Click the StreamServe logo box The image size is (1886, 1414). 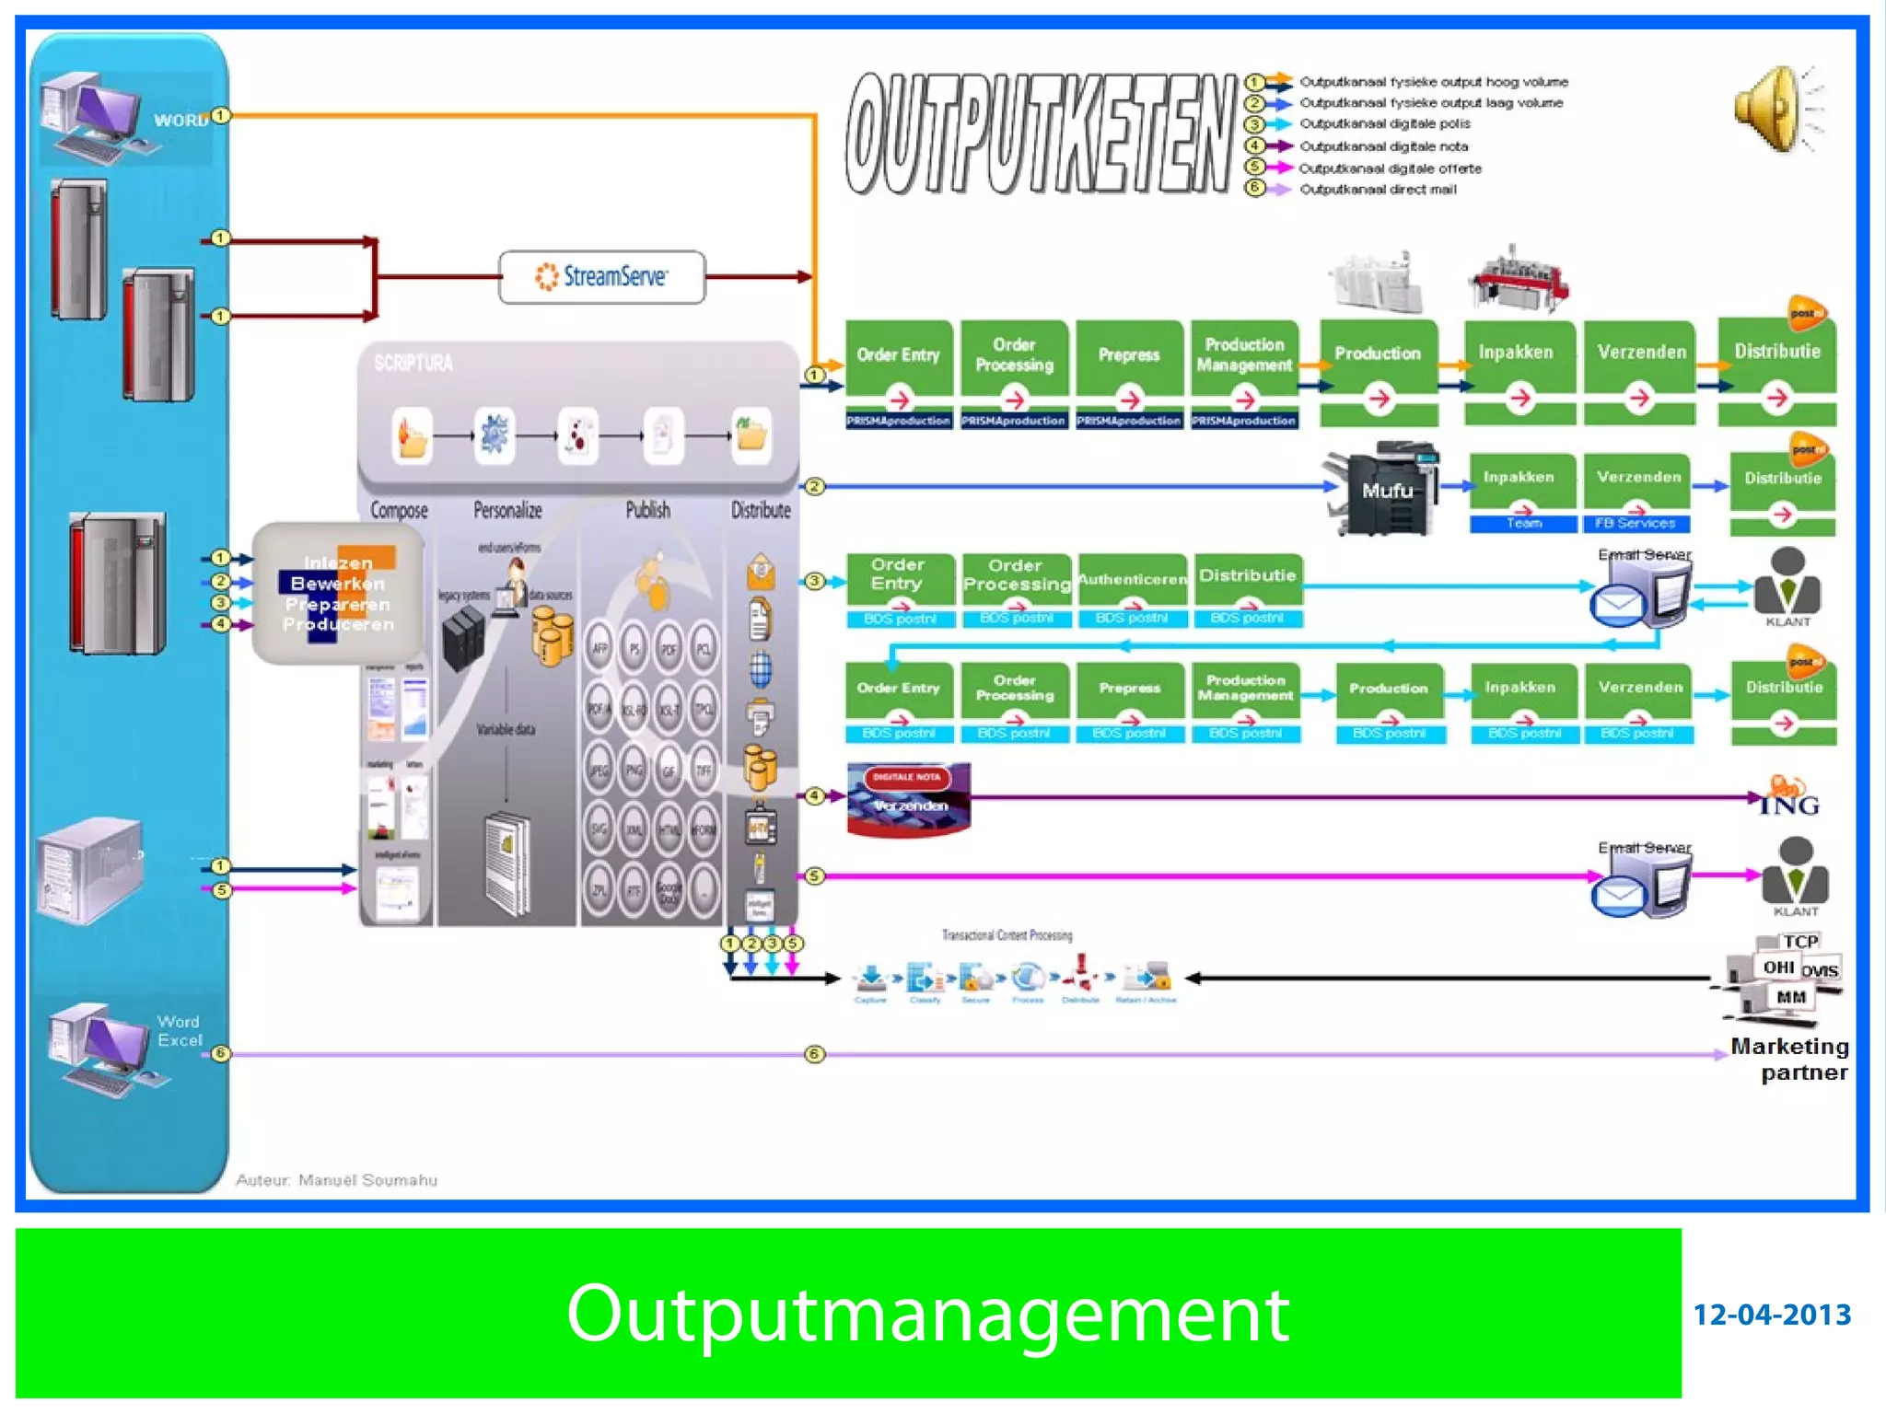tap(601, 276)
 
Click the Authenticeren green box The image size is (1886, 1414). tap(1132, 580)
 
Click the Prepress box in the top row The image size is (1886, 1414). tap(1129, 356)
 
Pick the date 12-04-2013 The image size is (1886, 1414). tap(1771, 1315)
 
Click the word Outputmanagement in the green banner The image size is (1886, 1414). tap(926, 1314)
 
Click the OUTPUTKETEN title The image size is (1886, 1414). tap(1041, 133)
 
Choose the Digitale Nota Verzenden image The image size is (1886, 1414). tap(908, 798)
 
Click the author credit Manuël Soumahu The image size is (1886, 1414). tap(337, 1180)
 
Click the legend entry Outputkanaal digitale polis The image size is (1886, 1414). tap(1384, 124)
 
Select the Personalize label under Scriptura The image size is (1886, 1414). tap(507, 510)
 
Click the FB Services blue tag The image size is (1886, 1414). tap(1636, 523)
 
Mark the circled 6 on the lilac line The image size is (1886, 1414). tap(814, 1054)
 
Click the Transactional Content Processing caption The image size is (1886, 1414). tap(1007, 935)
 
